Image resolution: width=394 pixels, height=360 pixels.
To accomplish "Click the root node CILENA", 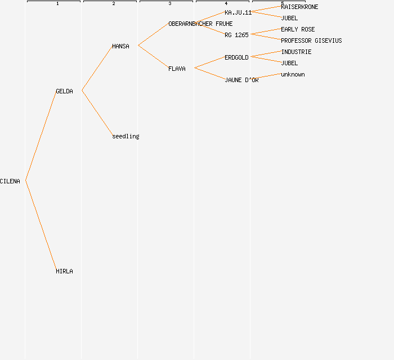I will [x=10, y=181].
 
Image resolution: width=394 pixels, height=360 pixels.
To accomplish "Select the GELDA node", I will [x=64, y=91].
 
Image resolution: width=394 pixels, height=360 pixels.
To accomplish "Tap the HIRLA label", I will [x=64, y=271].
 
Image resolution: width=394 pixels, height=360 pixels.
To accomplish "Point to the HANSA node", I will [x=120, y=46].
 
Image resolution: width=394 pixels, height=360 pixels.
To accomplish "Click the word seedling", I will [x=126, y=136].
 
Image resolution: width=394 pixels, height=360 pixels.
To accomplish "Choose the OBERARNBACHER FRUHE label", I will [x=200, y=24].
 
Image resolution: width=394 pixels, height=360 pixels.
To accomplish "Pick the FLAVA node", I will [x=177, y=69].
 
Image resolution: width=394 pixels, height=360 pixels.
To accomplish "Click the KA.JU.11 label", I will [x=238, y=12].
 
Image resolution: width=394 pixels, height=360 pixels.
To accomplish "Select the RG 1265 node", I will [x=236, y=35].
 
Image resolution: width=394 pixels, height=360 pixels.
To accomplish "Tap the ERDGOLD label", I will [x=236, y=57].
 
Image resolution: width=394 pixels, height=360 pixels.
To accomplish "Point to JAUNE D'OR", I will [x=241, y=80].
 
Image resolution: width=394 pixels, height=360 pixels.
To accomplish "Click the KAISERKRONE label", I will [x=299, y=7].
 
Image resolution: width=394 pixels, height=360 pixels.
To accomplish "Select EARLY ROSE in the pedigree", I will [x=298, y=29].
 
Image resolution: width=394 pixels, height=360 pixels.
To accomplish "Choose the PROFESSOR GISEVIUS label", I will [x=311, y=40].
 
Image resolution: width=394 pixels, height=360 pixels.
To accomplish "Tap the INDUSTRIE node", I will [x=296, y=52].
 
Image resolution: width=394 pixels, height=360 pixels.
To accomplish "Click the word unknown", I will [x=293, y=74].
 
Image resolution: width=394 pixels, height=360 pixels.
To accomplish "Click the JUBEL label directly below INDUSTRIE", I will [x=289, y=63].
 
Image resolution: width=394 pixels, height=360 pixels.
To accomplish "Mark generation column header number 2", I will [x=114, y=4].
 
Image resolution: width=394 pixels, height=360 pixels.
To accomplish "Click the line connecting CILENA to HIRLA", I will [x=41, y=225].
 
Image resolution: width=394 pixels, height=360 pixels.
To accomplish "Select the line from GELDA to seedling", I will [x=97, y=113].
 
